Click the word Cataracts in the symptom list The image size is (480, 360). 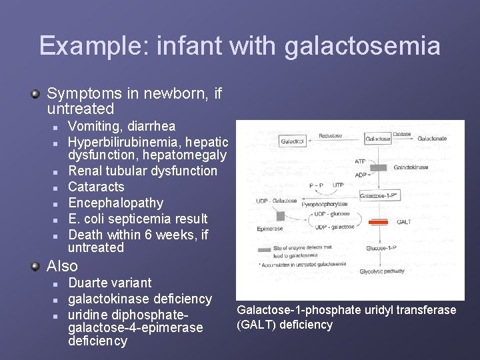pyautogui.click(x=96, y=187)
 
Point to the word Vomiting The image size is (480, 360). pyautogui.click(x=93, y=127)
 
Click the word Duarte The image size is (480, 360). pyautogui.click(x=89, y=283)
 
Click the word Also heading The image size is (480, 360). pyautogui.click(x=62, y=266)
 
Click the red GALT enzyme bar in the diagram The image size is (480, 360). pyautogui.click(x=379, y=221)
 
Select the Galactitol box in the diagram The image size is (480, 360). pyautogui.click(x=292, y=141)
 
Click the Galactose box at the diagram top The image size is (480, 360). pyautogui.click(x=378, y=139)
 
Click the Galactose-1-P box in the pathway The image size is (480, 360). pyautogui.click(x=379, y=196)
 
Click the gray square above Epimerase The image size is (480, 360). pyautogui.click(x=280, y=215)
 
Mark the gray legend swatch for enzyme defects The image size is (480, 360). pyautogui.click(x=265, y=249)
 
